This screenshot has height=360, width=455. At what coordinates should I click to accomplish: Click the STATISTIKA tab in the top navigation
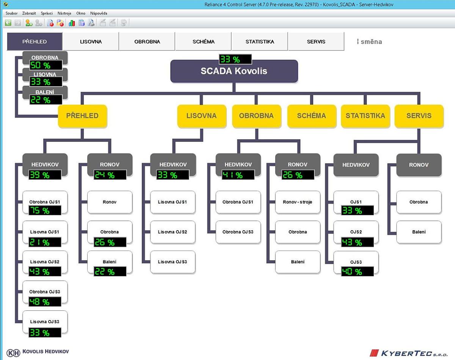pos(260,42)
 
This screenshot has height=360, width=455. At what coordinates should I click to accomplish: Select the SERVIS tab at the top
pos(316,42)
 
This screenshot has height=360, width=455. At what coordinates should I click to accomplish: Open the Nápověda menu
pos(99,13)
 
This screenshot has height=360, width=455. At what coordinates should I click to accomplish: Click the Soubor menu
pos(12,13)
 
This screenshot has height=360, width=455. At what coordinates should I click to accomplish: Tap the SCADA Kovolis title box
pos(234,71)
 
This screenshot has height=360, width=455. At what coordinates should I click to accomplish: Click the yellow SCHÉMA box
pos(311,116)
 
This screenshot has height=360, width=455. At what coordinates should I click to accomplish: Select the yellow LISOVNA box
pos(201,116)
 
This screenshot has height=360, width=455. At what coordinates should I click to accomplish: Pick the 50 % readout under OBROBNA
pos(45,65)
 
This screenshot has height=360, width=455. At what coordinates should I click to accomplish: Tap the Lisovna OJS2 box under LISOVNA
pos(173,232)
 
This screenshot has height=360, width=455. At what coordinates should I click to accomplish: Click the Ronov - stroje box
pos(298,202)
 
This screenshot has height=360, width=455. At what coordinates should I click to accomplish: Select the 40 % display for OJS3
pos(357,272)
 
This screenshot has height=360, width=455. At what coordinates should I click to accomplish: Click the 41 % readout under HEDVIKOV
pos(238,175)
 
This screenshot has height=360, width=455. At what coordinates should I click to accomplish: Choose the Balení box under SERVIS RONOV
pos(419,232)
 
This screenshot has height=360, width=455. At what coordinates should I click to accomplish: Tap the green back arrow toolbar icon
pos(8,23)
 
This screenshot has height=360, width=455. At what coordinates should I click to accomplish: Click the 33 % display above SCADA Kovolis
pos(235,60)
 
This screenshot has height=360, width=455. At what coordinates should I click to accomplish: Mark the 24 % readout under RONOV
pos(110,175)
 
